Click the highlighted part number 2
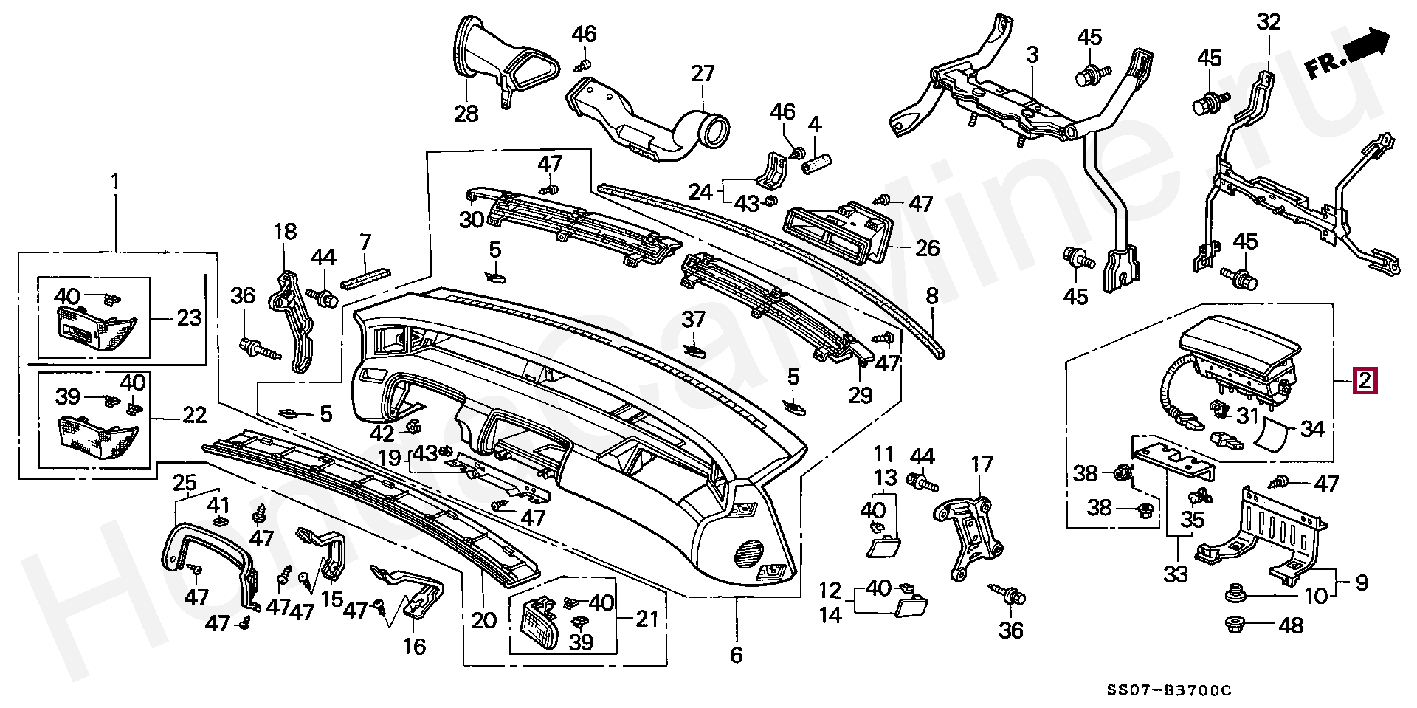1365,382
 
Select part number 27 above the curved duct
703,74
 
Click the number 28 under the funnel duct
466,114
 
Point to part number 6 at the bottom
736,654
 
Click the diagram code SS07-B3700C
1169,690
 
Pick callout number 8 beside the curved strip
932,297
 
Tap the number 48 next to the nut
1291,626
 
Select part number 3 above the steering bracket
1032,55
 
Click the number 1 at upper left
115,181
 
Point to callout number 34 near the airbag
1312,428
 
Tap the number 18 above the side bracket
285,232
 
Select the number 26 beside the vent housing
927,248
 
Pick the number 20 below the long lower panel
484,620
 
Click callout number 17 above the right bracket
982,464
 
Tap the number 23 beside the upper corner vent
189,318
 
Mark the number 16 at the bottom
415,647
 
